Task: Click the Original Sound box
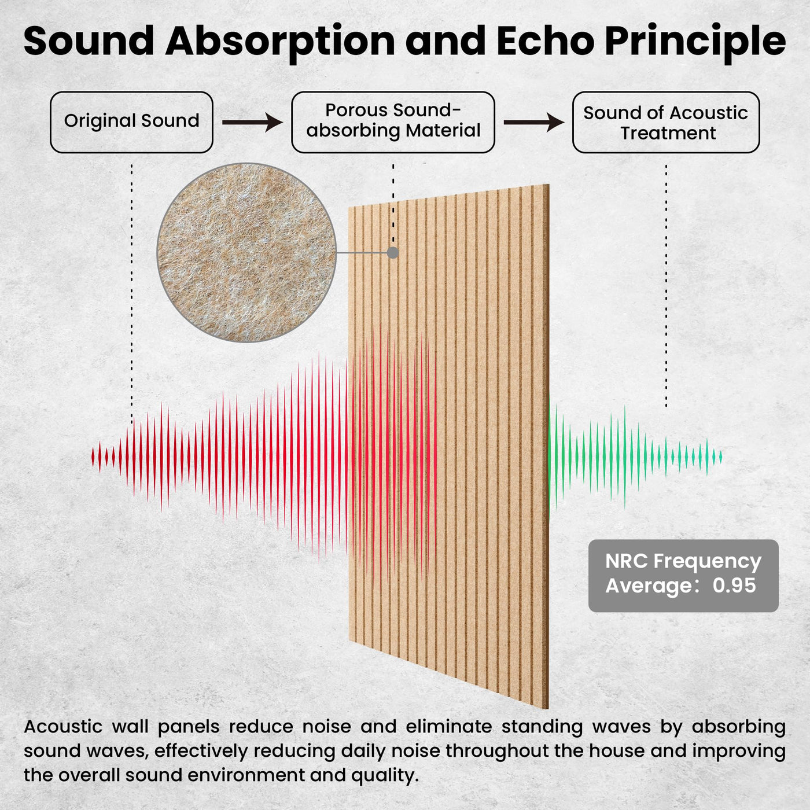[131, 122]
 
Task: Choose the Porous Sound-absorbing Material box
[393, 122]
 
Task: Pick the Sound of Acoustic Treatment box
[666, 122]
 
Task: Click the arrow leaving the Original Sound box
[252, 122]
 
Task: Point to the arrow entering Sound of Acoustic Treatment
[534, 122]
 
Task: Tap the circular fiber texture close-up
[246, 252]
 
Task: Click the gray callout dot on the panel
[393, 253]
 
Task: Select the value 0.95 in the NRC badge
[734, 585]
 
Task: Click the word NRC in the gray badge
[627, 561]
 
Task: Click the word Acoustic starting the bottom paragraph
[63, 727]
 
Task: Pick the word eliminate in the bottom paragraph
[448, 727]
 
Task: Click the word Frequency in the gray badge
[708, 562]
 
